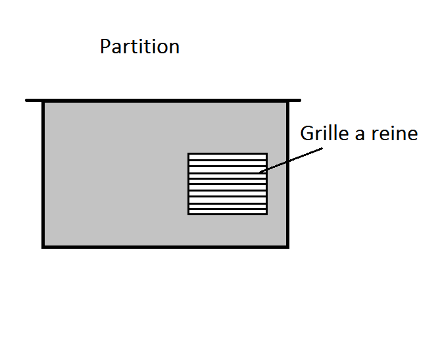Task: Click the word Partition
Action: click(x=139, y=47)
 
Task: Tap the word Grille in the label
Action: click(x=325, y=134)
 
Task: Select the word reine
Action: click(x=393, y=134)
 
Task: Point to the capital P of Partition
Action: click(x=105, y=47)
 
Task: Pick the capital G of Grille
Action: click(x=307, y=134)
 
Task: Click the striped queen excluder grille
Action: click(x=228, y=184)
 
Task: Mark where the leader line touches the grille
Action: click(x=260, y=172)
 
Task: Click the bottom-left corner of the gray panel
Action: click(x=43, y=246)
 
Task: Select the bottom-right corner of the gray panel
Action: click(x=287, y=246)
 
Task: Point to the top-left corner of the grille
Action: click(x=189, y=154)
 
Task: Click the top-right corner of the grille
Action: click(x=266, y=154)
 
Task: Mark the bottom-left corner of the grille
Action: click(x=189, y=213)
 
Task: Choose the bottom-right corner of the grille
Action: click(x=266, y=213)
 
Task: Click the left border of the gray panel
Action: click(x=43, y=174)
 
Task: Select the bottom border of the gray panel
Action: click(x=164, y=246)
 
